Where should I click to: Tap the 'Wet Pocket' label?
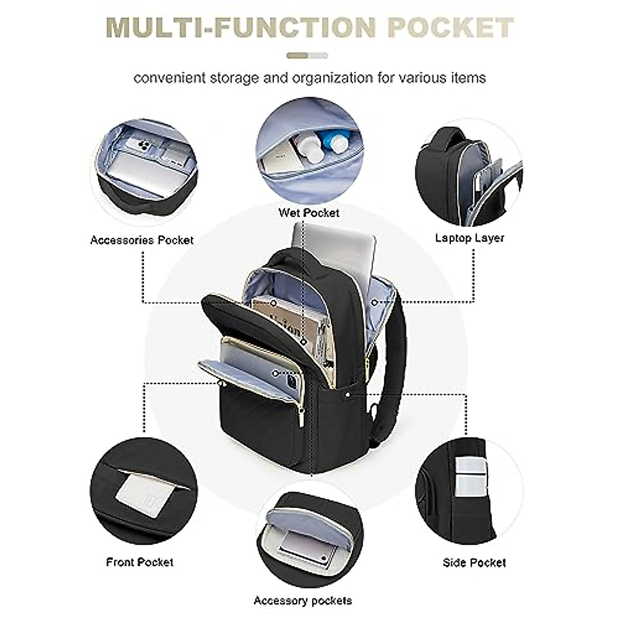[309, 213]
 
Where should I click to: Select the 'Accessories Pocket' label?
[142, 240]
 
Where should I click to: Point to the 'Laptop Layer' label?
[469, 238]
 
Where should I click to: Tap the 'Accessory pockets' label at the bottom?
[303, 600]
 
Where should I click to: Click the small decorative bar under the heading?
[307, 56]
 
